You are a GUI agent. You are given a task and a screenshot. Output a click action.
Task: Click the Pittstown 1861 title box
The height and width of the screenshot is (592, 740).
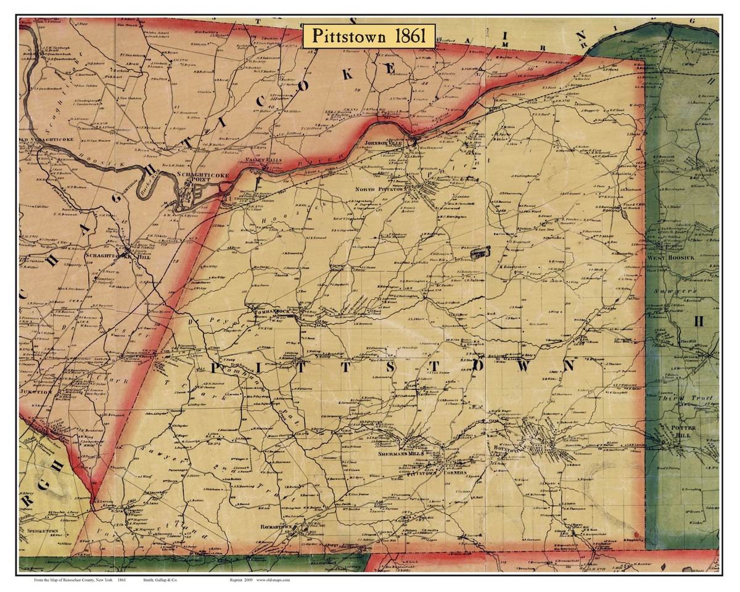(369, 35)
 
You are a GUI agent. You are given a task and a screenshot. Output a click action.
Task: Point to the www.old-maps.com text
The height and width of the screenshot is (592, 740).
(273, 580)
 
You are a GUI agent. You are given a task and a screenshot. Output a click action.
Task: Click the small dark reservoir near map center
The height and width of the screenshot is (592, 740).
(479, 252)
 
